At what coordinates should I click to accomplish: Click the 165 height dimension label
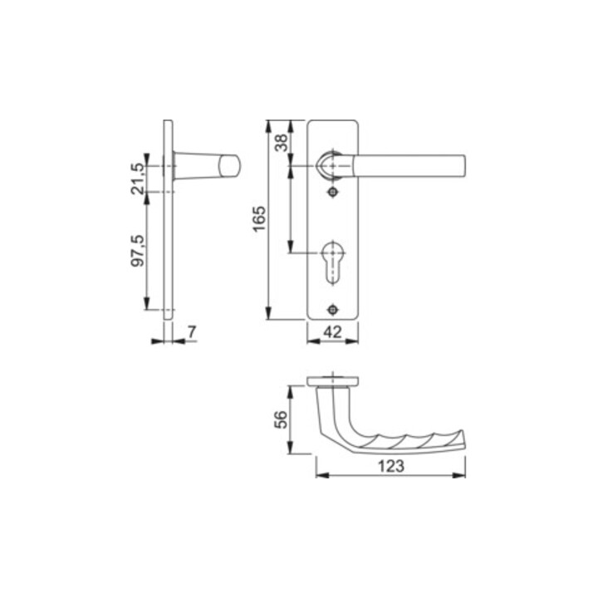(x=259, y=219)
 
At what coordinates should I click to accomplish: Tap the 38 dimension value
(x=282, y=143)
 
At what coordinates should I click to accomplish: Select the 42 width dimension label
(x=332, y=332)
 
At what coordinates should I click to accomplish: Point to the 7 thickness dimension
(x=192, y=331)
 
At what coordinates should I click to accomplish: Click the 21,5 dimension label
(x=138, y=179)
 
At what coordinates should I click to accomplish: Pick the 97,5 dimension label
(x=138, y=250)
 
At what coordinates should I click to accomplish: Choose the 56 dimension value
(x=282, y=419)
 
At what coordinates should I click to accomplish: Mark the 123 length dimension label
(x=391, y=466)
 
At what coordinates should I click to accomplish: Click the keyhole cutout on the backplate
(x=333, y=262)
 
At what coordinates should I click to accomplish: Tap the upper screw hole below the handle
(x=333, y=192)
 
